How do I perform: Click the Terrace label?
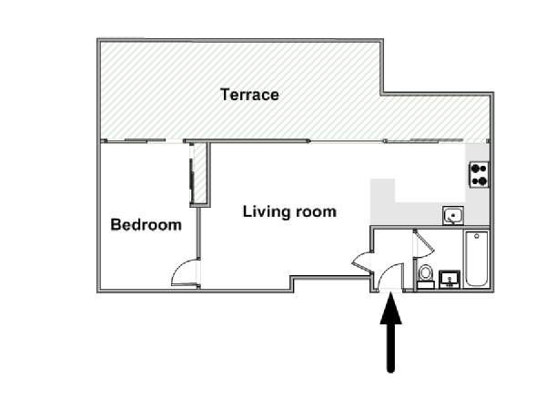(249, 95)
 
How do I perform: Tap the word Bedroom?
(146, 225)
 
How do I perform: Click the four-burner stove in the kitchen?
(479, 175)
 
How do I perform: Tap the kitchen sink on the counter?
(453, 215)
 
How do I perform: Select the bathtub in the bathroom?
(476, 259)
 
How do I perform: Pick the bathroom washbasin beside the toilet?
(450, 280)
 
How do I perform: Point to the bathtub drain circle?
(476, 236)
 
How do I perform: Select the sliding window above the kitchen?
(435, 140)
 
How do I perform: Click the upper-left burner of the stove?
(474, 169)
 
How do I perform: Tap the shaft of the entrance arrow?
(390, 348)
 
